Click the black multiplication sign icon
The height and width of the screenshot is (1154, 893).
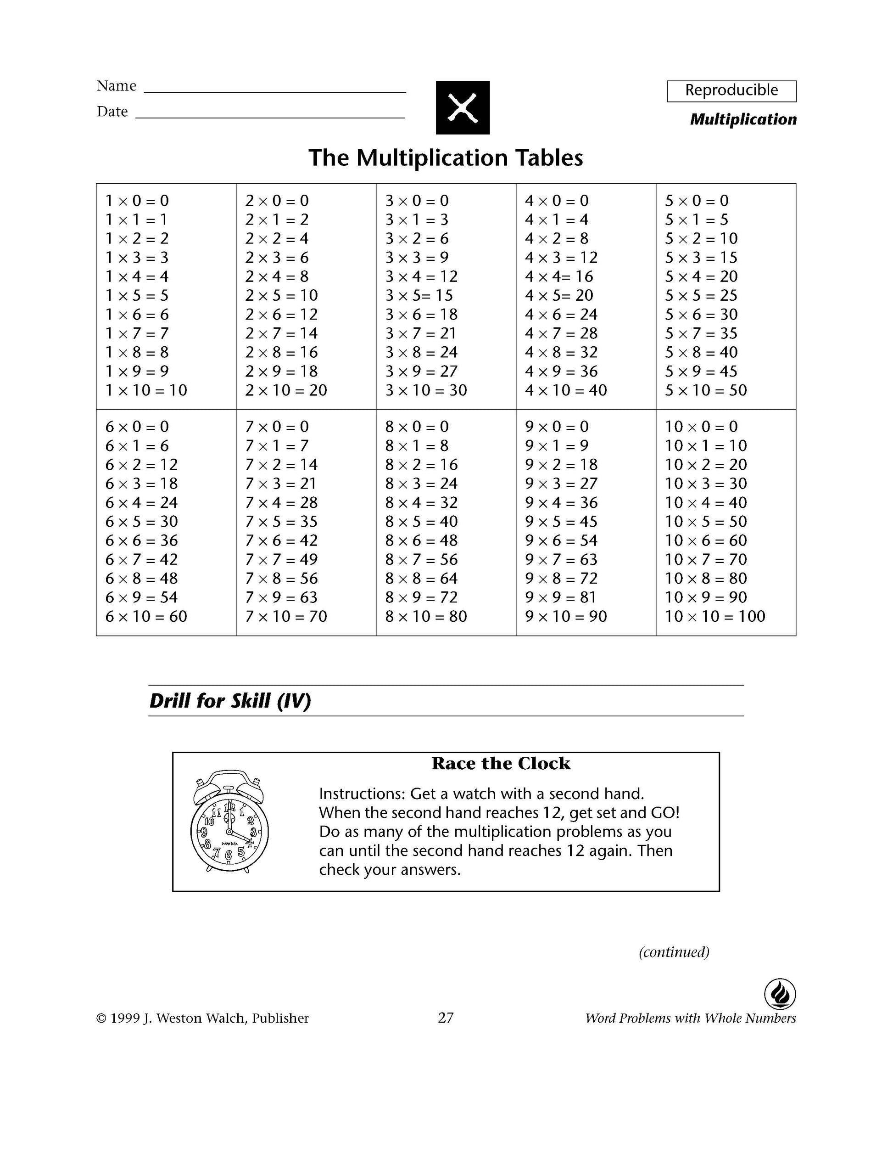click(463, 107)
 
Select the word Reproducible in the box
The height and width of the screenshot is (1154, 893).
click(731, 90)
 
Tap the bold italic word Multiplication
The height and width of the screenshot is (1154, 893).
click(743, 119)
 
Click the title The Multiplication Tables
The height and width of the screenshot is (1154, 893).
click(446, 158)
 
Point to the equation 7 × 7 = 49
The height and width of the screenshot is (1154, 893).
click(281, 560)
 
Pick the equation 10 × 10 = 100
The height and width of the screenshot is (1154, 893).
click(714, 617)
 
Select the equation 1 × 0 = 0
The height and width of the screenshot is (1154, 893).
click(137, 201)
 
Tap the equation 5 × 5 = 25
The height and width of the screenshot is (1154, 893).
click(701, 295)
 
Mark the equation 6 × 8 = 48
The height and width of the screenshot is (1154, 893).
click(141, 579)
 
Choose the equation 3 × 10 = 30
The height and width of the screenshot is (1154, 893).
click(426, 390)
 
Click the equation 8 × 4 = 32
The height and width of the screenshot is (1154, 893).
click(421, 502)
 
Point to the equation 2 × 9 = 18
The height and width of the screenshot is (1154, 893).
click(281, 372)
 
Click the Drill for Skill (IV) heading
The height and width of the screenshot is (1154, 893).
click(230, 701)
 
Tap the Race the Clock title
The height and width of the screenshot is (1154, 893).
click(501, 764)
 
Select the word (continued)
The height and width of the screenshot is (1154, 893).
click(674, 951)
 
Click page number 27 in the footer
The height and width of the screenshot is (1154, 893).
click(446, 1018)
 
